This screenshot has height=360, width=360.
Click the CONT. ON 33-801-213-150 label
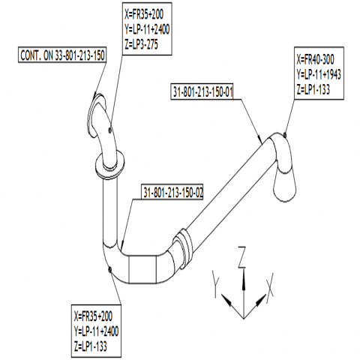(x=62, y=55)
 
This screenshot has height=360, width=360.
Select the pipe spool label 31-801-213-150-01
(x=202, y=91)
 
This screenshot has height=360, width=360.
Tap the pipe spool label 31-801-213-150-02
(x=172, y=192)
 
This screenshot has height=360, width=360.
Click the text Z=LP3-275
(x=141, y=44)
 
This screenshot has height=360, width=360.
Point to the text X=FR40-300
(x=315, y=59)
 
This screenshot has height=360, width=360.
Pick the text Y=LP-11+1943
(x=319, y=74)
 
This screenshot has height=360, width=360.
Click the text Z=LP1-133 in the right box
(x=313, y=89)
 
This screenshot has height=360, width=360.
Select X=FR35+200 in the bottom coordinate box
(x=93, y=316)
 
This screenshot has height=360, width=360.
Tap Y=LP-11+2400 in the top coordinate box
(x=147, y=29)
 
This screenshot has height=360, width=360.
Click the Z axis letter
(x=241, y=257)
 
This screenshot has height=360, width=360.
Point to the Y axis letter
(x=215, y=283)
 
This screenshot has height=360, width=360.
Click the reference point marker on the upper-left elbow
(x=109, y=130)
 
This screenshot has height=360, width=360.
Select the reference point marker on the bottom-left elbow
(x=109, y=269)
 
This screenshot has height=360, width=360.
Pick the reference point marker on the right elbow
(x=285, y=135)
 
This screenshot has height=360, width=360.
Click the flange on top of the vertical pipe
(x=110, y=165)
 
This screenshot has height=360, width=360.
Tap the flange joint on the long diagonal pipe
(x=184, y=246)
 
